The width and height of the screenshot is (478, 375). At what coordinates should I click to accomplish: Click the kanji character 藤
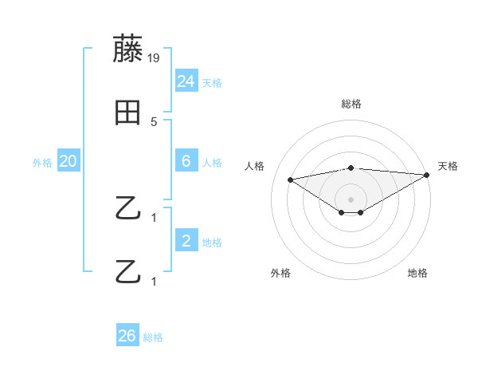(x=128, y=49)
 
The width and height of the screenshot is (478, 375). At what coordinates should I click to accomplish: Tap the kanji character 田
(x=127, y=113)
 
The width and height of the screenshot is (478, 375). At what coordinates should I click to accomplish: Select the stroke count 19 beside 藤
(x=153, y=57)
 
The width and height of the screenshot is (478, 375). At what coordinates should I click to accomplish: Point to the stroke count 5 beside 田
(x=154, y=121)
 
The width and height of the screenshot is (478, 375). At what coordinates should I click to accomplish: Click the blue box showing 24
(x=186, y=81)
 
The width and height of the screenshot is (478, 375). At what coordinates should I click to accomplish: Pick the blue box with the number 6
(x=186, y=161)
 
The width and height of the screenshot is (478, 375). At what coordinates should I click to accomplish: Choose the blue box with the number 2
(x=186, y=241)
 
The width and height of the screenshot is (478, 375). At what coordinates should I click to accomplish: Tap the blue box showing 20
(x=69, y=161)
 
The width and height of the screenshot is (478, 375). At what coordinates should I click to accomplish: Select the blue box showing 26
(x=127, y=336)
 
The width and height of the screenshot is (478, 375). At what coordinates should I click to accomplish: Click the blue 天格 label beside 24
(x=212, y=82)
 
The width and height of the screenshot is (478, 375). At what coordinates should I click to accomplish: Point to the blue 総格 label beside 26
(x=153, y=337)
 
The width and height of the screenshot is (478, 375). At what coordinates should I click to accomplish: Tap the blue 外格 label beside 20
(x=42, y=162)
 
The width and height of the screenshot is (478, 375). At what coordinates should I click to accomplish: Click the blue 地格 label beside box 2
(x=212, y=243)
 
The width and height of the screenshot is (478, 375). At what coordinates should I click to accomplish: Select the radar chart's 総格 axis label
(x=351, y=104)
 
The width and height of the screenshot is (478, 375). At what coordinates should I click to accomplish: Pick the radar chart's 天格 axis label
(x=448, y=166)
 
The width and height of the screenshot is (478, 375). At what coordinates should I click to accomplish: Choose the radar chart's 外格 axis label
(x=280, y=273)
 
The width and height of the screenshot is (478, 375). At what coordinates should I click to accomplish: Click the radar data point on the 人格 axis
(x=290, y=179)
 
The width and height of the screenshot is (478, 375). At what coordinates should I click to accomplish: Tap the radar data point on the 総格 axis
(x=351, y=168)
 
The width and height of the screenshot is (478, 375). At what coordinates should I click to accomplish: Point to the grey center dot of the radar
(x=351, y=199)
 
